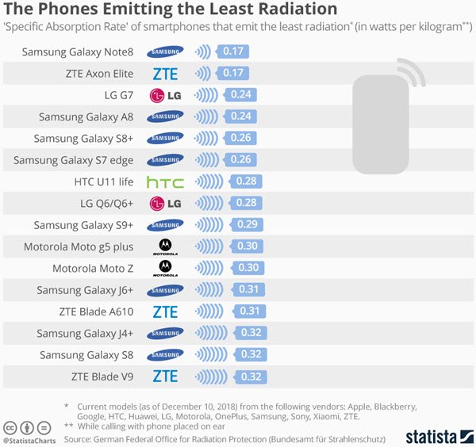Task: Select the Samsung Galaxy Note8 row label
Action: coord(77,52)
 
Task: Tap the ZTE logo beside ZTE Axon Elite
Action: coord(165,74)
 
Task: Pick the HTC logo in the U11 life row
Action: coord(165,181)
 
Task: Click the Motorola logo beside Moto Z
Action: coord(165,268)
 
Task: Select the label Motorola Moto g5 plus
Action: coord(79,246)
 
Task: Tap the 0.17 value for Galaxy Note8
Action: coord(233,52)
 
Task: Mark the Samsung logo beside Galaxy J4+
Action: coord(165,333)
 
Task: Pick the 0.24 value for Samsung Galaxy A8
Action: coord(239,117)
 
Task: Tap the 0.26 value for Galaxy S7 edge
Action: coord(242,160)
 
